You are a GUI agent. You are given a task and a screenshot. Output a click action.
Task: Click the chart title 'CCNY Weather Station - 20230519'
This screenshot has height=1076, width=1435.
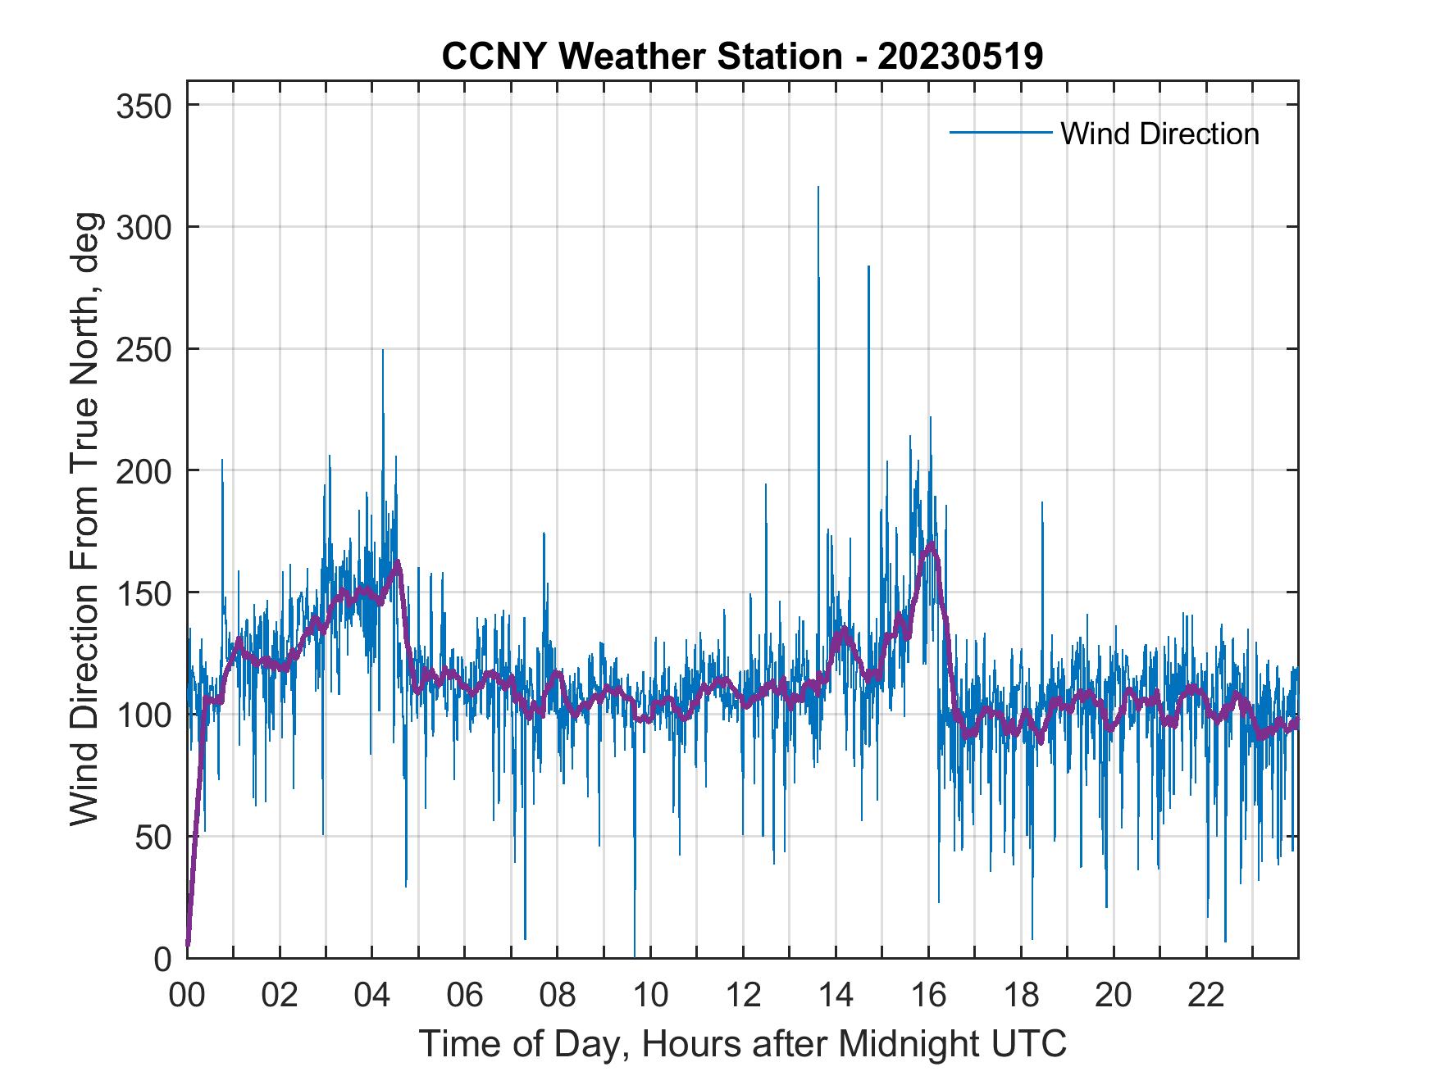[x=742, y=57]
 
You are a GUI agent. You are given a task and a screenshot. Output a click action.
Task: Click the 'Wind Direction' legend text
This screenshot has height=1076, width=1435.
[x=1159, y=134]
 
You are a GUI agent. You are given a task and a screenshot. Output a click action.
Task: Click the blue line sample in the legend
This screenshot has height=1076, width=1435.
[x=1000, y=133]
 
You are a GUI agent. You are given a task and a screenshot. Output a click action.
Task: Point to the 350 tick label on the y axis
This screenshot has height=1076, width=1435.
[x=143, y=106]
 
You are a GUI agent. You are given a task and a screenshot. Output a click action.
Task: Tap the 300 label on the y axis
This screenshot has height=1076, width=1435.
[x=143, y=228]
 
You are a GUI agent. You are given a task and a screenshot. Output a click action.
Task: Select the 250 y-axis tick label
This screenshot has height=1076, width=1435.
[x=143, y=350]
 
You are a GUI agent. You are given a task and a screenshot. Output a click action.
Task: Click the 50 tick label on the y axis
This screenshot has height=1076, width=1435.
[x=155, y=837]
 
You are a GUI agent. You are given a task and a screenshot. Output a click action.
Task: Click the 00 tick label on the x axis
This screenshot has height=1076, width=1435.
[x=187, y=996]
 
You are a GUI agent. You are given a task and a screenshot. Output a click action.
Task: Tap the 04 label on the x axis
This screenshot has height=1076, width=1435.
[x=372, y=996]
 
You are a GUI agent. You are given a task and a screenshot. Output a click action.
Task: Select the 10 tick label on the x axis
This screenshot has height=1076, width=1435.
[x=650, y=996]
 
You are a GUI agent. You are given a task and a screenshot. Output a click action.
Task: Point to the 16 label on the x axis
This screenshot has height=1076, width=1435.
[x=928, y=996]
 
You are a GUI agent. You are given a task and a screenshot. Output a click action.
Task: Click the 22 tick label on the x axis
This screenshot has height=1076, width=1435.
[x=1206, y=996]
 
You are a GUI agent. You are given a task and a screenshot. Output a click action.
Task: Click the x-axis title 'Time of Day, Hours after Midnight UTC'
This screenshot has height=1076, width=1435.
[x=742, y=1044]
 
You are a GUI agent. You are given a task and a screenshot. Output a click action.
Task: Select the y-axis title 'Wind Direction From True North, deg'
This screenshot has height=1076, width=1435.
[x=84, y=519]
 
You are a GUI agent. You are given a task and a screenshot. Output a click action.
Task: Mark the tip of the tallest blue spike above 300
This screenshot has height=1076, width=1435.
[x=818, y=188]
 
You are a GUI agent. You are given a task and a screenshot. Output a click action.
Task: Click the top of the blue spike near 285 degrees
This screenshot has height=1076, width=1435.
[x=868, y=266]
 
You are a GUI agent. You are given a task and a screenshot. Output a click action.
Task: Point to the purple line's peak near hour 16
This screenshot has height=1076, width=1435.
[x=931, y=543]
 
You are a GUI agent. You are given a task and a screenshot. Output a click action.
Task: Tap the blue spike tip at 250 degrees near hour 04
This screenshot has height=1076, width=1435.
[x=382, y=351]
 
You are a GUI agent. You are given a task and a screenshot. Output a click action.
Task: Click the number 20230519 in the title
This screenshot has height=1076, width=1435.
[x=960, y=57]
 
